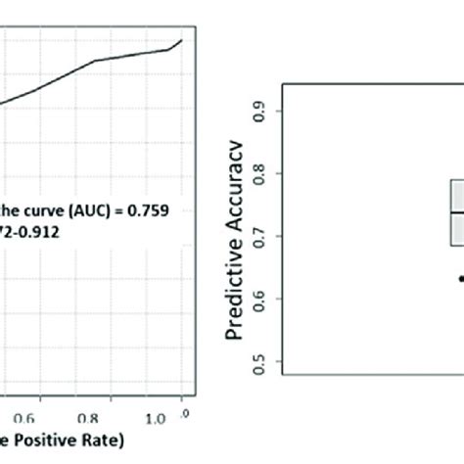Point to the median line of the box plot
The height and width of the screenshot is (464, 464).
[x=456, y=212]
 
